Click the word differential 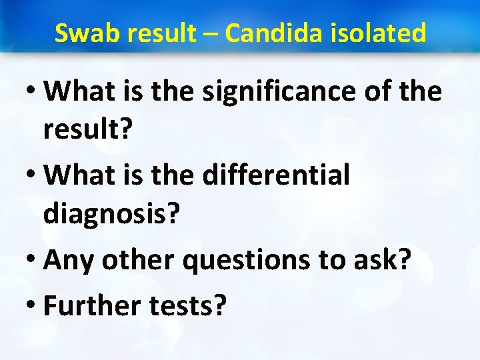(276, 175)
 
